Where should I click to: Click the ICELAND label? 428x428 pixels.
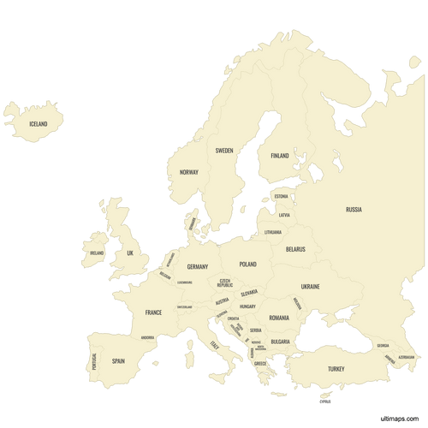[39, 124]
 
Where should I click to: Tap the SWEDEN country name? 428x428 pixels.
[224, 150]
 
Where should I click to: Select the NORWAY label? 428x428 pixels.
[189, 172]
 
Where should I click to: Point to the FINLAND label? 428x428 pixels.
[280, 156]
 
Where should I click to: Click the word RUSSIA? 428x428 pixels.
[354, 209]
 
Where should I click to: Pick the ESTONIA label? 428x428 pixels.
[282, 197]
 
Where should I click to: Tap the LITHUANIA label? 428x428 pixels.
[273, 232]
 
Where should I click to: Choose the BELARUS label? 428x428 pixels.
[295, 249]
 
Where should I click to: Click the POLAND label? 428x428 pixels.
[247, 265]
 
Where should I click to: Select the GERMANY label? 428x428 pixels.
[198, 267]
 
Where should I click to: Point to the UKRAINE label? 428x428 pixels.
[310, 287]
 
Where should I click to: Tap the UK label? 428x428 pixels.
[131, 253]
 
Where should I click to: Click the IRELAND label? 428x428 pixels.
[97, 253]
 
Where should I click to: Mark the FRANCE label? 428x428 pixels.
[153, 312]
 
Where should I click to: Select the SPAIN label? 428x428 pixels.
[118, 361]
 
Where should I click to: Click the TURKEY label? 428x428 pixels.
[336, 369]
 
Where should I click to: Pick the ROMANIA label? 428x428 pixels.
[279, 318]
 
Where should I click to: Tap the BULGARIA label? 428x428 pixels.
[281, 342]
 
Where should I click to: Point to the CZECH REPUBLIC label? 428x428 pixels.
[225, 282]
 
